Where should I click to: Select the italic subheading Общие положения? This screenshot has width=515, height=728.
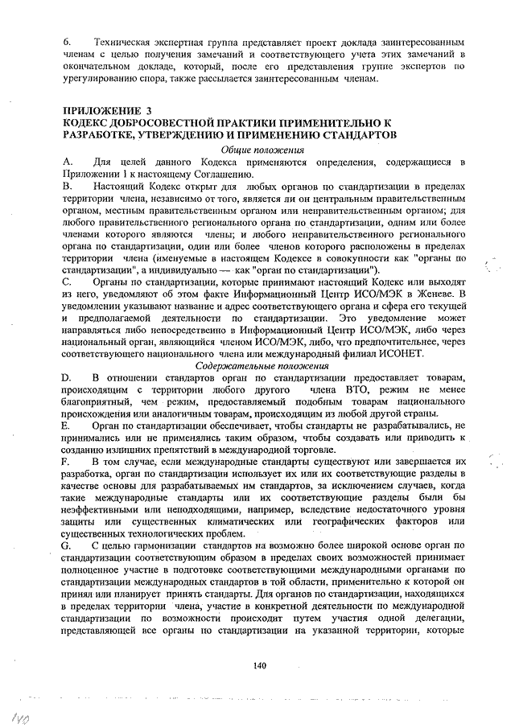tap(257, 150)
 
